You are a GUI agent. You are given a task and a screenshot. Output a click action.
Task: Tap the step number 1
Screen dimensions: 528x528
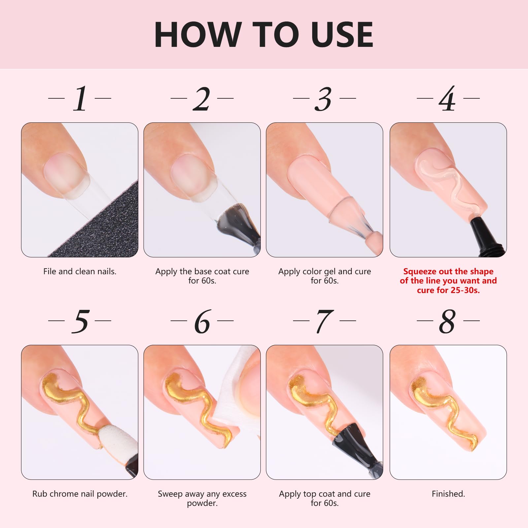[x=80, y=99]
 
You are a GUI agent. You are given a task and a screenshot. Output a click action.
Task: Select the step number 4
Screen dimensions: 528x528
[x=447, y=99]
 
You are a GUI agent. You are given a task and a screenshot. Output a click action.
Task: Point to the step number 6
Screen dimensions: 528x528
[x=202, y=321]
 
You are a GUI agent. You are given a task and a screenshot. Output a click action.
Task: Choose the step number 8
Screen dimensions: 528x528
[x=447, y=321]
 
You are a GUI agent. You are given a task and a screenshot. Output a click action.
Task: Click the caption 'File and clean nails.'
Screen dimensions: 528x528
[x=80, y=272]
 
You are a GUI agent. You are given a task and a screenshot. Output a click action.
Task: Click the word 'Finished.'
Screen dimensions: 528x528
[x=448, y=494]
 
